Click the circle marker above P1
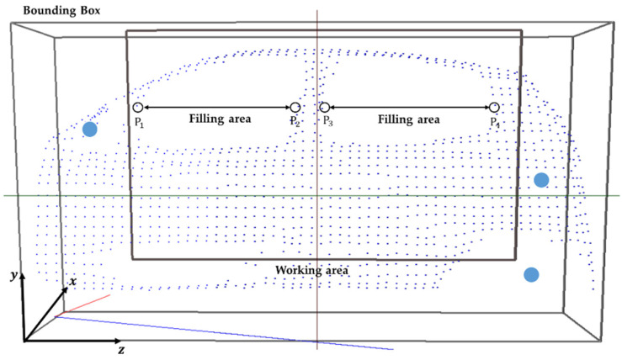tap(138, 108)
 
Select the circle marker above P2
tap(295, 108)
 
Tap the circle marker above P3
tap(324, 108)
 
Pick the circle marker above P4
tap(494, 108)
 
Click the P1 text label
tap(140, 123)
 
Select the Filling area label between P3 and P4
tap(408, 119)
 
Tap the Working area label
tap(312, 270)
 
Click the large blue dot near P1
tap(90, 130)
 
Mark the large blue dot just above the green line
tap(541, 179)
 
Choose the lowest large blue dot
tap(531, 274)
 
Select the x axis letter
tap(73, 281)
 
